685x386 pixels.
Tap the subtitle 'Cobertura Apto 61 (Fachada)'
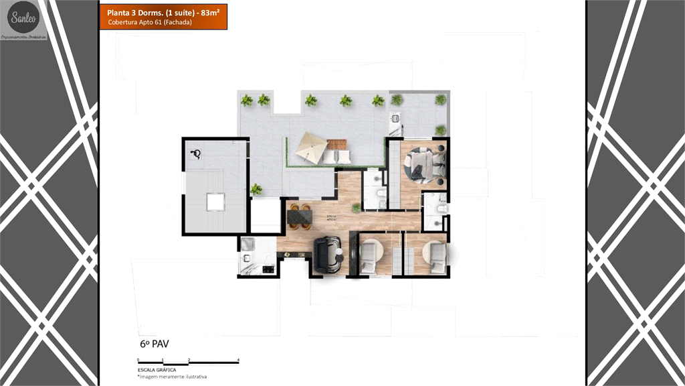(x=146, y=23)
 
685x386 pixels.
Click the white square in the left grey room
(x=215, y=202)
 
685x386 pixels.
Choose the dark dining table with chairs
(x=299, y=215)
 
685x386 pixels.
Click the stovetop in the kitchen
(x=267, y=269)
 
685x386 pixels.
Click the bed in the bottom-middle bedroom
(x=370, y=257)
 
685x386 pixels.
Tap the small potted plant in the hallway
(x=356, y=208)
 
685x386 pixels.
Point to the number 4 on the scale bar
(x=239, y=360)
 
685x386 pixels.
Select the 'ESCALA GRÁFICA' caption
(x=157, y=370)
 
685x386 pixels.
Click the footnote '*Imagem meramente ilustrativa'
(x=171, y=377)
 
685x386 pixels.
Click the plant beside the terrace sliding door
(x=256, y=190)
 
